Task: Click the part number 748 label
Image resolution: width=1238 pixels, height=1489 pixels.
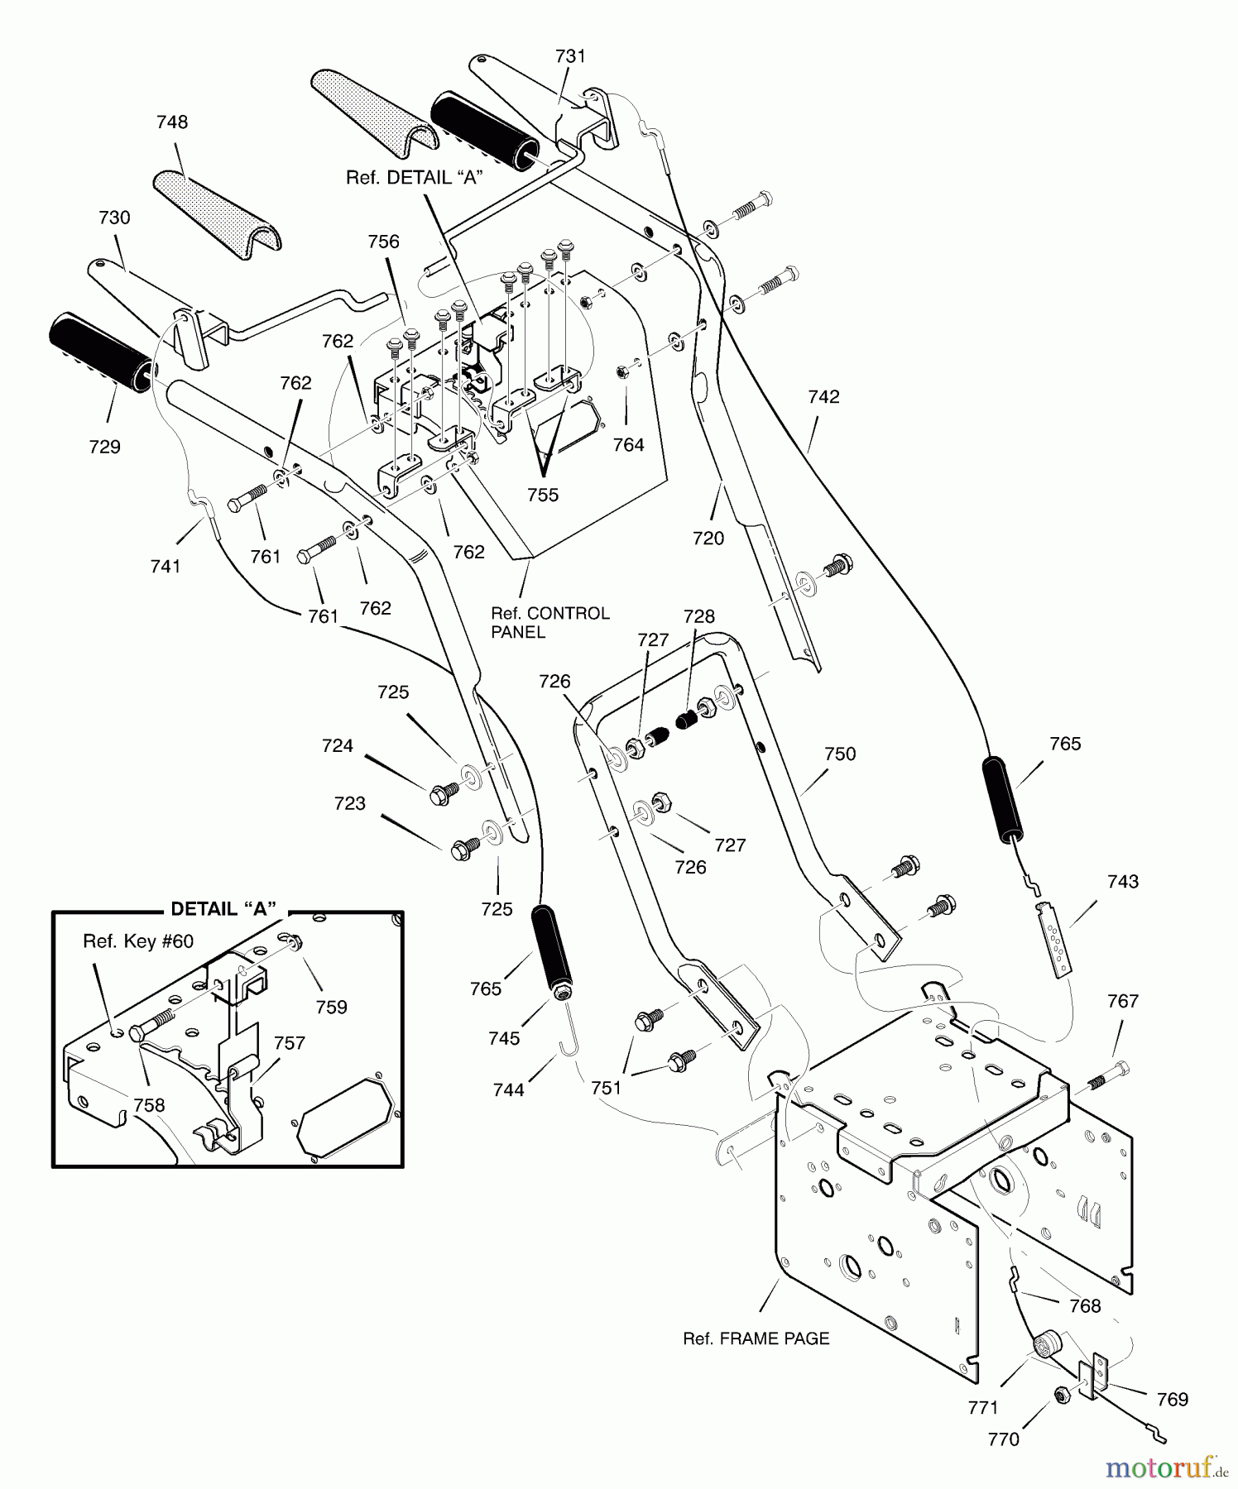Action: pyautogui.click(x=172, y=122)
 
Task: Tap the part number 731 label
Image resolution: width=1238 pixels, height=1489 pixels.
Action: pyautogui.click(x=570, y=56)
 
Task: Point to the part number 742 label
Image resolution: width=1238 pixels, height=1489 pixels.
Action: pyautogui.click(x=823, y=397)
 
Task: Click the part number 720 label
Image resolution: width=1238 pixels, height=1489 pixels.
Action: pyautogui.click(x=708, y=539)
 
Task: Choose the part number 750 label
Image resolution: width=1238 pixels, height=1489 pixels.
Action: pyautogui.click(x=840, y=754)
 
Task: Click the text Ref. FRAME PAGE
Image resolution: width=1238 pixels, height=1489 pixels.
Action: pyautogui.click(x=756, y=1338)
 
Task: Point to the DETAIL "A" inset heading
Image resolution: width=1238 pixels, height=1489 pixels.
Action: pyautogui.click(x=223, y=909)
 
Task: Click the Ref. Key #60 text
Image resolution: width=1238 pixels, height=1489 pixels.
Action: pyautogui.click(x=138, y=942)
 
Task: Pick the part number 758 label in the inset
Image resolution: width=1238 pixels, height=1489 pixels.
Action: pyautogui.click(x=149, y=1105)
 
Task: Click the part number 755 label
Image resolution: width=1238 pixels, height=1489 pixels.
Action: pyautogui.click(x=543, y=495)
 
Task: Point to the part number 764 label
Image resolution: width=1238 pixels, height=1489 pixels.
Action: pyautogui.click(x=628, y=445)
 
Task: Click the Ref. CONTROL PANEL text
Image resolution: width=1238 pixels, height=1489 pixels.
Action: pyautogui.click(x=550, y=623)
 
